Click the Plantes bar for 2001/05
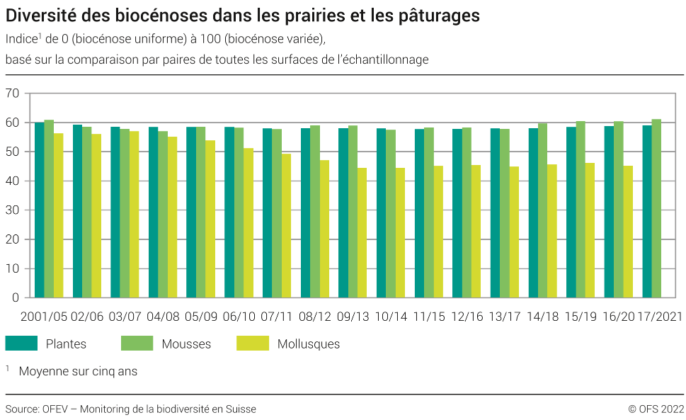point(40,210)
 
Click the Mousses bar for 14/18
point(542,210)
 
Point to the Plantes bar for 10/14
point(382,213)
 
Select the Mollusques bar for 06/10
point(248,223)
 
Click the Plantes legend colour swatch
point(21,344)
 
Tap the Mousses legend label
point(186,344)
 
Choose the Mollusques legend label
point(309,344)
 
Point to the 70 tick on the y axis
point(12,93)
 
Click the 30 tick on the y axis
point(12,210)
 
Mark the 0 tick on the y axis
point(15,298)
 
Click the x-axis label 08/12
point(315,317)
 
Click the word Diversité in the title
point(42,14)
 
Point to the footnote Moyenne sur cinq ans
point(78,371)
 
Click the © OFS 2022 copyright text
point(656,409)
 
